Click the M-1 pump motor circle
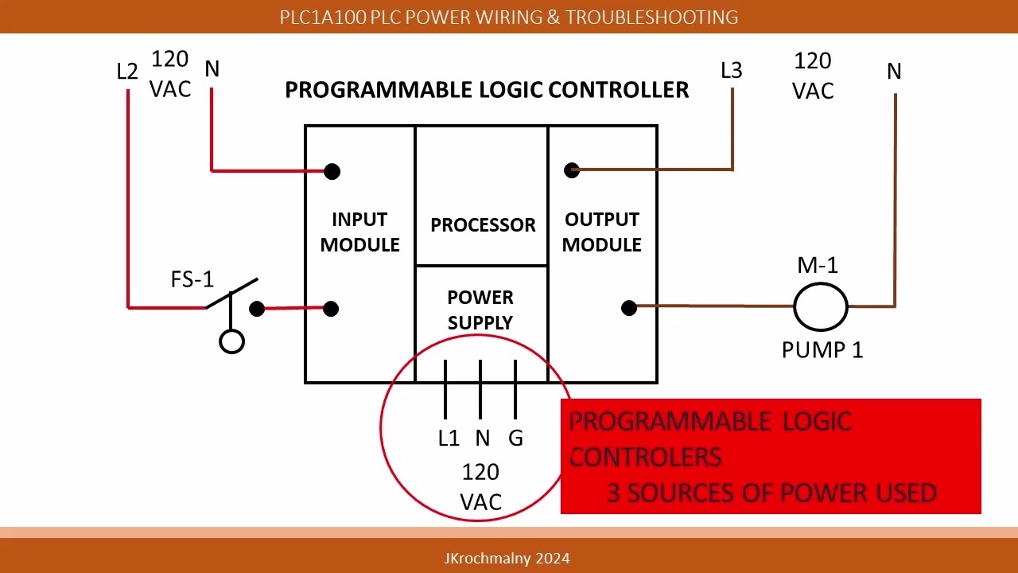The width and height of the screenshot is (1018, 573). [x=821, y=306]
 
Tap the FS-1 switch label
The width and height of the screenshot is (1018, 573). [x=192, y=279]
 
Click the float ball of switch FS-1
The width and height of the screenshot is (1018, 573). [x=231, y=342]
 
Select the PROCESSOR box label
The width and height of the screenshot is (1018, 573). [x=483, y=225]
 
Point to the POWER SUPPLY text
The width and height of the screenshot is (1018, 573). [x=480, y=310]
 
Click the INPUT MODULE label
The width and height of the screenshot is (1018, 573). [x=359, y=232]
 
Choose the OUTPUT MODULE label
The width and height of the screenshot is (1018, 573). [x=601, y=232]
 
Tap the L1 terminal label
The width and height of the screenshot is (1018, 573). [x=449, y=438]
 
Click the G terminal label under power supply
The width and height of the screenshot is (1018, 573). [x=515, y=438]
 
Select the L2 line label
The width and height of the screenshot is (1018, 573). [x=127, y=72]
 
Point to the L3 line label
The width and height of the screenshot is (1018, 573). [x=731, y=71]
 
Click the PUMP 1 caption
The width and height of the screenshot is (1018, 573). [x=822, y=349]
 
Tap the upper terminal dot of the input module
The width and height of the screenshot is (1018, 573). [x=332, y=171]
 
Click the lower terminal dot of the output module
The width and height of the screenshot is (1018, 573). [x=629, y=307]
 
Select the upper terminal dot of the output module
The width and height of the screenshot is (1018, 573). [x=571, y=170]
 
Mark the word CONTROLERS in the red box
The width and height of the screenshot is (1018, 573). [x=645, y=457]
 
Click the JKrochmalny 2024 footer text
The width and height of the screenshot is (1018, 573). [x=507, y=558]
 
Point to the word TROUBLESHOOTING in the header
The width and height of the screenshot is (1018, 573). [x=651, y=17]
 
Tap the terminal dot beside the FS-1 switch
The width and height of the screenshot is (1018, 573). [x=257, y=309]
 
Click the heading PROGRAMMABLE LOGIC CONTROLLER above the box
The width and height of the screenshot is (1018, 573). [x=487, y=90]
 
